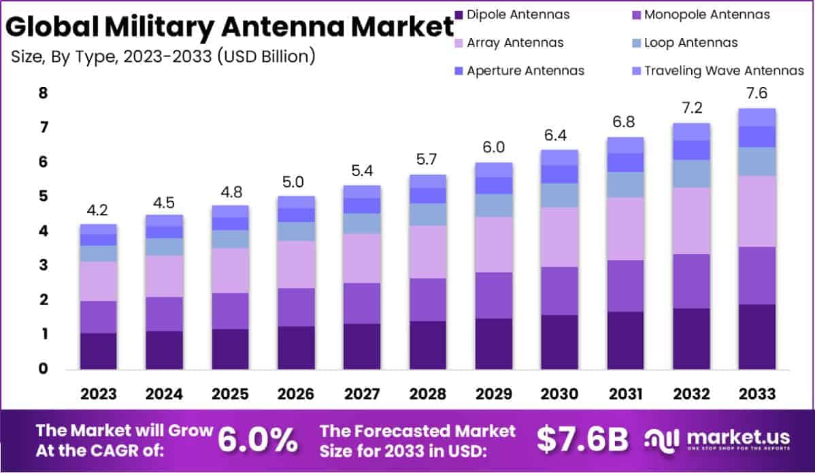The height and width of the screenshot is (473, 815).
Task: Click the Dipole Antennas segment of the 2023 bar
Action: coord(98,351)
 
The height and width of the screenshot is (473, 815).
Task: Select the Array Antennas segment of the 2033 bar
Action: coord(757,211)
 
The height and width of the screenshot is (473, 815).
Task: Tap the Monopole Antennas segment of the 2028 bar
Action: coord(427,300)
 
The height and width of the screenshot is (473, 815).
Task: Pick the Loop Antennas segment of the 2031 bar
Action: coord(625,185)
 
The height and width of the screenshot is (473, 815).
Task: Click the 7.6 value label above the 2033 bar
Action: coord(758,93)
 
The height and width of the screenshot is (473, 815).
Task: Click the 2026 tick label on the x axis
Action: coord(296,394)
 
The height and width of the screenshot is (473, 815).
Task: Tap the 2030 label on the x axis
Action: coord(560,394)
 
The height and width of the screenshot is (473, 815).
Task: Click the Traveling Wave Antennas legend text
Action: coord(724,71)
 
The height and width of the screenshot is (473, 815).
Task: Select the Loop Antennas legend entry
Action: coord(691,43)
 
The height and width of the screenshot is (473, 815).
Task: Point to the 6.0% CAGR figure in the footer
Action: coord(257,440)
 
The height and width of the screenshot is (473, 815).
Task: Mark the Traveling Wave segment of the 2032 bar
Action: coord(691,132)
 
